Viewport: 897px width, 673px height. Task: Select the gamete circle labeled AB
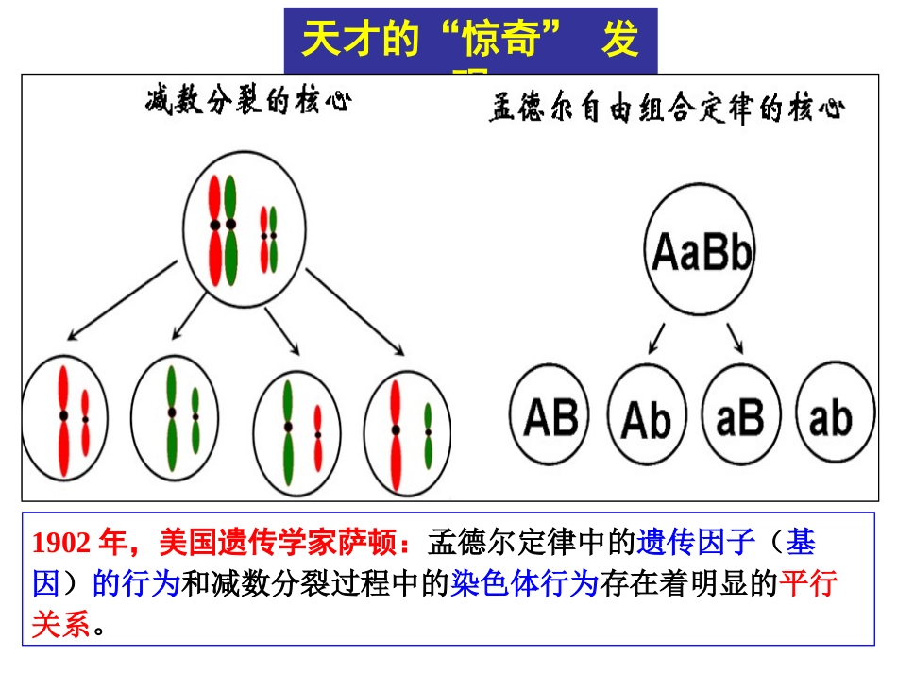550,416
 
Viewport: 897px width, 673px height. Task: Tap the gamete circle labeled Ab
647,418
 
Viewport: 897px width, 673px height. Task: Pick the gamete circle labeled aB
739,416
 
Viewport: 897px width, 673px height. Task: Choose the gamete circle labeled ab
830,416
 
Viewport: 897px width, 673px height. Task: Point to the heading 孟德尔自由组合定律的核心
667,109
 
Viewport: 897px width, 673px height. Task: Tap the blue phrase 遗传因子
696,543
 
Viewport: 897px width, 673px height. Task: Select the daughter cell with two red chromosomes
64,417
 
